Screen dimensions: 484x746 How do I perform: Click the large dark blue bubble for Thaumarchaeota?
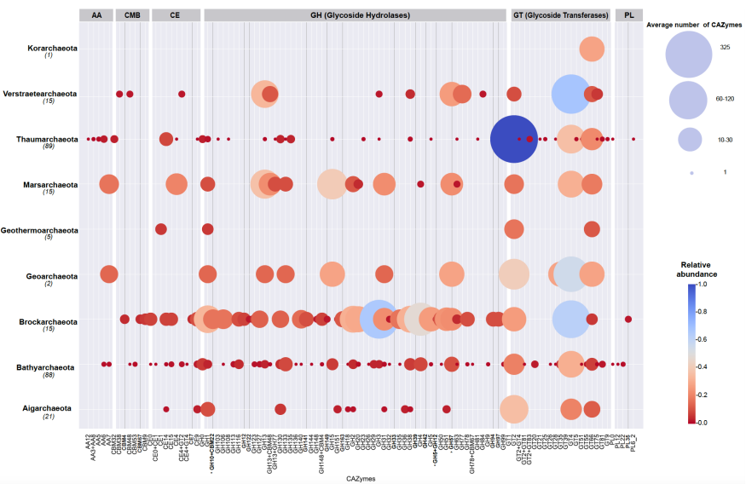tap(513, 138)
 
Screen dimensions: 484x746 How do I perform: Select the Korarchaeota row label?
tap(52, 49)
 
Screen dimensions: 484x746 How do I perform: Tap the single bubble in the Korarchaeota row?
tap(592, 49)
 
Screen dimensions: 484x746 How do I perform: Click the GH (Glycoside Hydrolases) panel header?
tap(356, 15)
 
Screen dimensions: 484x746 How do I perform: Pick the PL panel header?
tap(628, 15)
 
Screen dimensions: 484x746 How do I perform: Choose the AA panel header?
tap(96, 15)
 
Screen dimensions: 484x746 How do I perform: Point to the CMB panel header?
tap(132, 15)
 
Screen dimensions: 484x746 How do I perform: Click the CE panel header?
tap(175, 15)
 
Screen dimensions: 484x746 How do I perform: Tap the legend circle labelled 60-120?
tap(689, 99)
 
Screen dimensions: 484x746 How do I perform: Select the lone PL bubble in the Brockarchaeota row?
tap(628, 320)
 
